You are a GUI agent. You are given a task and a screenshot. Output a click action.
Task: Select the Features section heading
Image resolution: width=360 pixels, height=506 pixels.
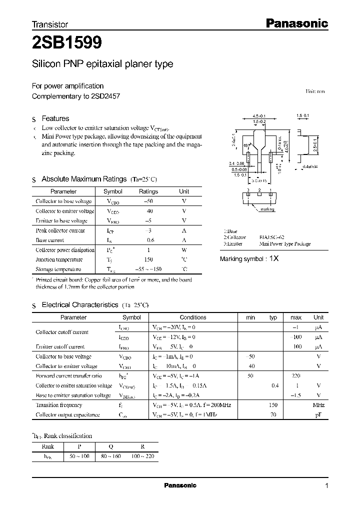point(55,118)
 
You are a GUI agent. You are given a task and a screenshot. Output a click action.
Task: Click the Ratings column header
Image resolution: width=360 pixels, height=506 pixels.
point(148,191)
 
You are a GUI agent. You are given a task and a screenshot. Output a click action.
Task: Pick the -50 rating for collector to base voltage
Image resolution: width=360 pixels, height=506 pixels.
point(148,201)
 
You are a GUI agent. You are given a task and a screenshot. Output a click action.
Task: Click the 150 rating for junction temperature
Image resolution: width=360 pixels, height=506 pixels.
point(148,259)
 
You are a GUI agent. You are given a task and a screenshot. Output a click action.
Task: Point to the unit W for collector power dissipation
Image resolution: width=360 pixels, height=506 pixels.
point(184,250)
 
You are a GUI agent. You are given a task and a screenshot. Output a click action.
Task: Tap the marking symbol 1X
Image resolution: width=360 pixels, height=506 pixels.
point(274,259)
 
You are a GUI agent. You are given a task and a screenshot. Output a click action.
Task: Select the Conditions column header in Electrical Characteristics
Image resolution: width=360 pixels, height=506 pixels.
point(193,317)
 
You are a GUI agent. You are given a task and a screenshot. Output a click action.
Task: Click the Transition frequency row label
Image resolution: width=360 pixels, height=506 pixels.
point(59,405)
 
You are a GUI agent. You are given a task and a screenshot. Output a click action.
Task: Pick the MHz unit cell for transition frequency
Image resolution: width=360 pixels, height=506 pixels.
point(318,405)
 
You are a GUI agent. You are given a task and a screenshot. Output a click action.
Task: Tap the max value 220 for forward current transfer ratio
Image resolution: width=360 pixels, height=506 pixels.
point(295,375)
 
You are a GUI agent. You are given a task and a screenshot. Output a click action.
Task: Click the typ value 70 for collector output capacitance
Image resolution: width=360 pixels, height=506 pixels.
point(273,414)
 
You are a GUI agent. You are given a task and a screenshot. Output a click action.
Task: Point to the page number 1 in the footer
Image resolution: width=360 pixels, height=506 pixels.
point(326,486)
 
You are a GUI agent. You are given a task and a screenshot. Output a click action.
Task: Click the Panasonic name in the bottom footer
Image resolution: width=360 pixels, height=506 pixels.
point(180,485)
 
